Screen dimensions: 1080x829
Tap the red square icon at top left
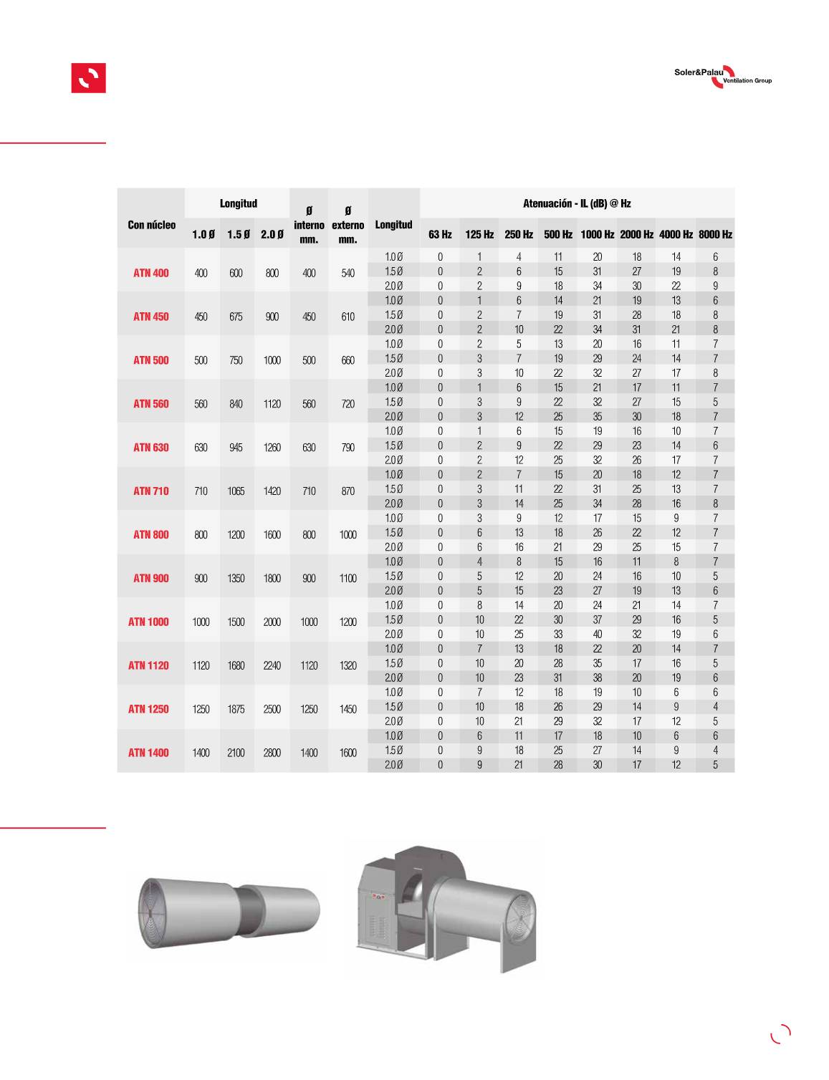click(x=88, y=78)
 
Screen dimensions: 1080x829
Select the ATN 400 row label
click(x=151, y=273)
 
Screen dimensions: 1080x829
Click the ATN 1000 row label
click(x=148, y=622)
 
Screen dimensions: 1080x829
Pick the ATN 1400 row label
click(x=148, y=753)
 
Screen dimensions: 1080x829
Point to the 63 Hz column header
click(x=440, y=234)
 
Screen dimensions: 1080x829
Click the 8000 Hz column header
click(x=715, y=234)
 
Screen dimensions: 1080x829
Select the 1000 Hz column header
click(x=597, y=234)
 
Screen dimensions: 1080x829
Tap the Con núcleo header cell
click(x=151, y=225)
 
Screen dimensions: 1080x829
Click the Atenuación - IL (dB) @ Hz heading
click(x=577, y=203)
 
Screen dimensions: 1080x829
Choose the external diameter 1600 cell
click(x=348, y=753)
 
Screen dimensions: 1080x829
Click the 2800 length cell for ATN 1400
click(x=272, y=753)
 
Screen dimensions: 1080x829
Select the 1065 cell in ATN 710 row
click(x=236, y=491)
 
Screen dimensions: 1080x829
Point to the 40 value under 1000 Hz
click(x=597, y=635)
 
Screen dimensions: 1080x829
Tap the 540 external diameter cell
click(x=348, y=274)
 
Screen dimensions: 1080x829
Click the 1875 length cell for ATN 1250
click(x=236, y=709)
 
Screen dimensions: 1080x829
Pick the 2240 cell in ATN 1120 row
click(x=272, y=665)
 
